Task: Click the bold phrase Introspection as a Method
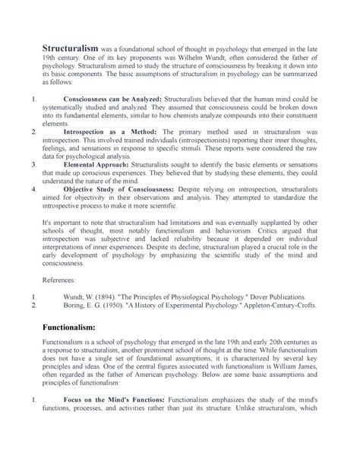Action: click(x=110, y=131)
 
